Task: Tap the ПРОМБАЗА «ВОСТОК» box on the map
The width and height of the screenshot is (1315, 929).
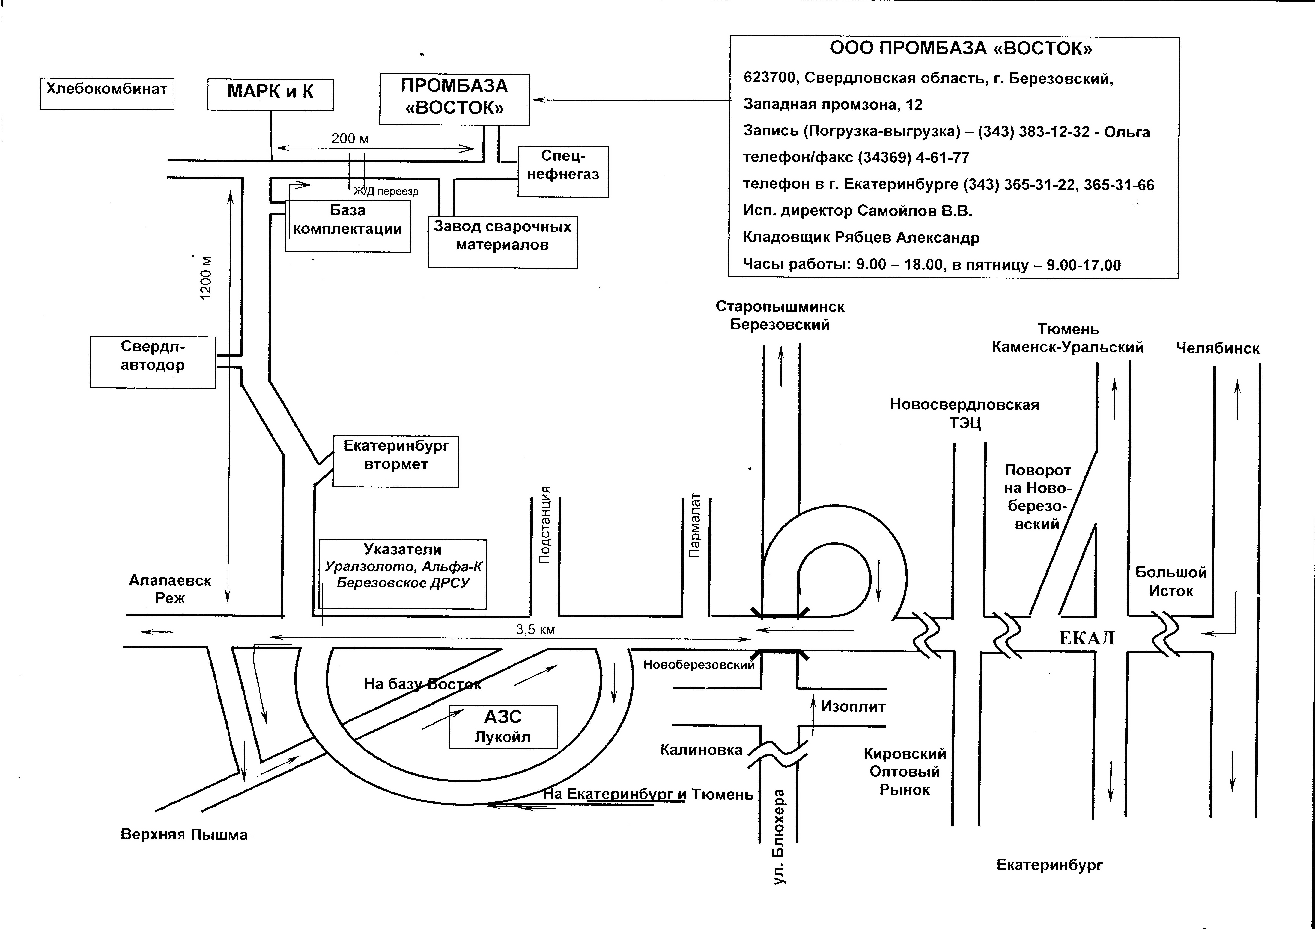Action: pos(454,99)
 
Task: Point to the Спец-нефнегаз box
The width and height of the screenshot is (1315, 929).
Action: pos(563,172)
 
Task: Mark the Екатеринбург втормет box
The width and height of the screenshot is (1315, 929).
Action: pos(396,461)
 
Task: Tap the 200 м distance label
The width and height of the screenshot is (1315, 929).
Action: pos(350,139)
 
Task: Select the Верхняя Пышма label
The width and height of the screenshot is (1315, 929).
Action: pos(184,835)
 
